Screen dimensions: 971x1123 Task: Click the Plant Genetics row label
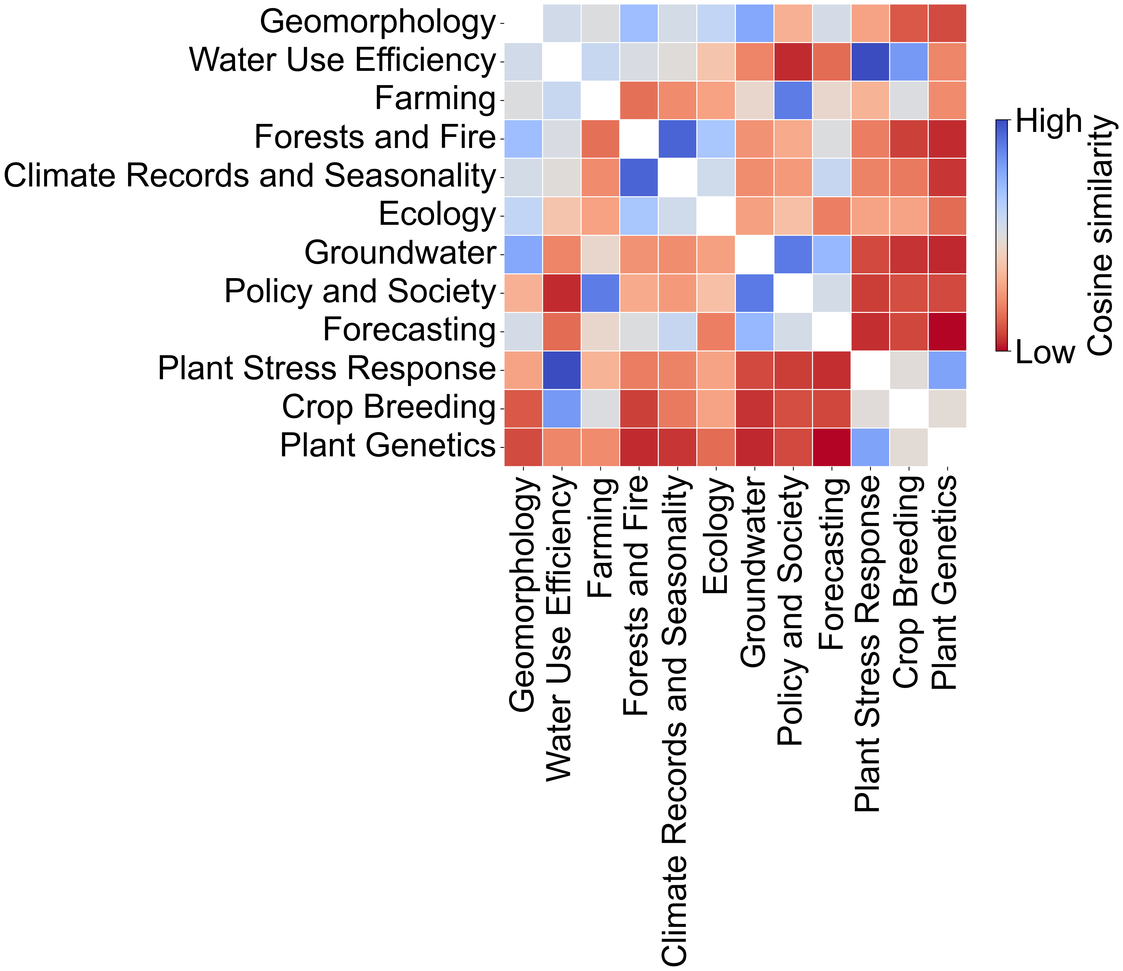[x=388, y=446]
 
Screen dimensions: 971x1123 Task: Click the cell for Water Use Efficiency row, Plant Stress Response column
[x=870, y=61]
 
